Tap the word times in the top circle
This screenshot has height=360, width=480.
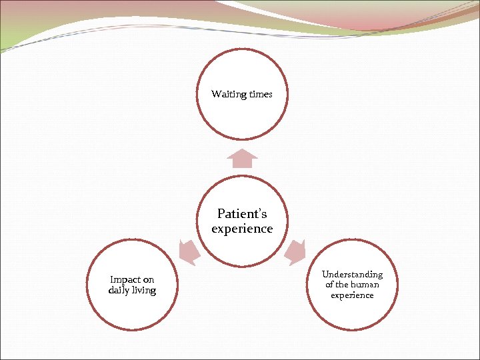(x=260, y=95)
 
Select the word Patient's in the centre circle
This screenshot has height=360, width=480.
(x=242, y=214)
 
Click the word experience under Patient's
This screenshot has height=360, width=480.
(x=242, y=229)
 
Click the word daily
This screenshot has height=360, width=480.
(x=119, y=290)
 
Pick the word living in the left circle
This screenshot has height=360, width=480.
(x=144, y=291)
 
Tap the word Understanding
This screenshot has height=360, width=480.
(x=352, y=274)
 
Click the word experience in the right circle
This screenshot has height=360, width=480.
(x=352, y=295)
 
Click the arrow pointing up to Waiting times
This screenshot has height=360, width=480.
(x=242, y=158)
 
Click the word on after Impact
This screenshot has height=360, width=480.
(x=148, y=280)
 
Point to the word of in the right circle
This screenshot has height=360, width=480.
(x=329, y=285)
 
